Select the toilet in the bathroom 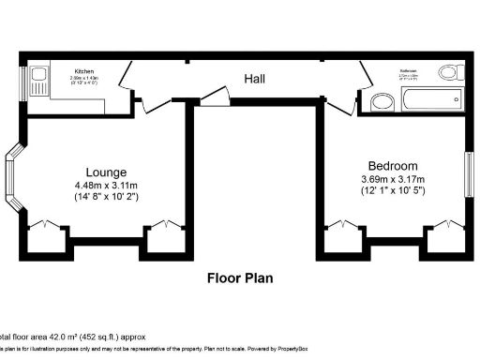[449, 71]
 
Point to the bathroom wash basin [381, 101]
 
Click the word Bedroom [393, 166]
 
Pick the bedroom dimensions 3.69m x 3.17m [395, 179]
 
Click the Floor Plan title [241, 277]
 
